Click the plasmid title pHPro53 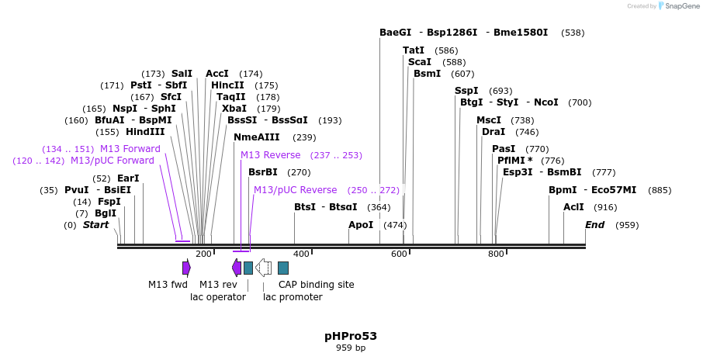pos(351,336)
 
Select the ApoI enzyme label pos(361,225)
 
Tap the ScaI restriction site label pos(419,62)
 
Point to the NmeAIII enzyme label pos(256,137)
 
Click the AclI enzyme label pos(573,207)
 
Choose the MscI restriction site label pos(489,120)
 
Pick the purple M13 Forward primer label pos(130,149)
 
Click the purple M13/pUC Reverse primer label pos(295,190)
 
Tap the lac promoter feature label pos(293,296)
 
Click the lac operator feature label pos(218,296)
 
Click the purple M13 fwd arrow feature pos(186,268)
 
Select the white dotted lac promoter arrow pos(264,268)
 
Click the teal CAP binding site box pos(283,268)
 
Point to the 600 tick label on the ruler pos(399,254)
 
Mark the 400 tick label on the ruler pos(301,254)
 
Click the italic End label pos(594,225)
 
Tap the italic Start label pos(95,225)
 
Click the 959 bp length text pos(351,348)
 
